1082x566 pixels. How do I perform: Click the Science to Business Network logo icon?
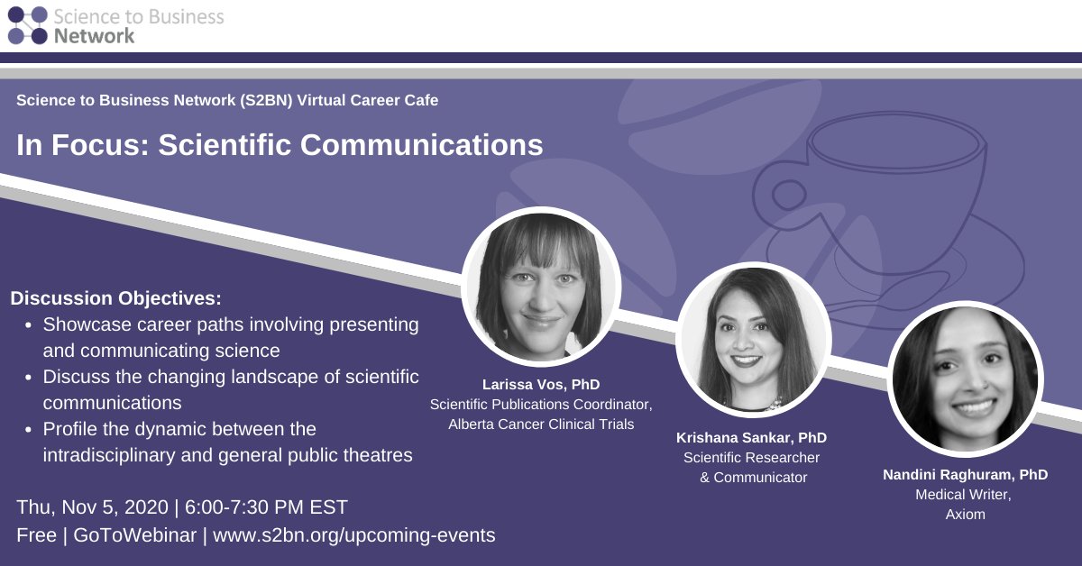tap(27, 25)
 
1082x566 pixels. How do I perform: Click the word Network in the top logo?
tap(94, 35)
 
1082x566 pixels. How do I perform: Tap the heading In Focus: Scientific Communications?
tap(280, 145)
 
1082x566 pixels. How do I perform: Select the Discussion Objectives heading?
tap(115, 297)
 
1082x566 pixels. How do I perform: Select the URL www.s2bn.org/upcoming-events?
tap(354, 534)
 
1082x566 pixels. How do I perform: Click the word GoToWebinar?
tap(136, 534)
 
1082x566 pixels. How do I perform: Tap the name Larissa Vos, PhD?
tap(541, 385)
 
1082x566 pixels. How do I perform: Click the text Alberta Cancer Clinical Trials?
tap(541, 424)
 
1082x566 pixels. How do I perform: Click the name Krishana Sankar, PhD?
tap(751, 438)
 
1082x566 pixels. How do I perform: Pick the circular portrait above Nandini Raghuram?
tap(966, 379)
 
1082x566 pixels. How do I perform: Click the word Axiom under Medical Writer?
tap(965, 514)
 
